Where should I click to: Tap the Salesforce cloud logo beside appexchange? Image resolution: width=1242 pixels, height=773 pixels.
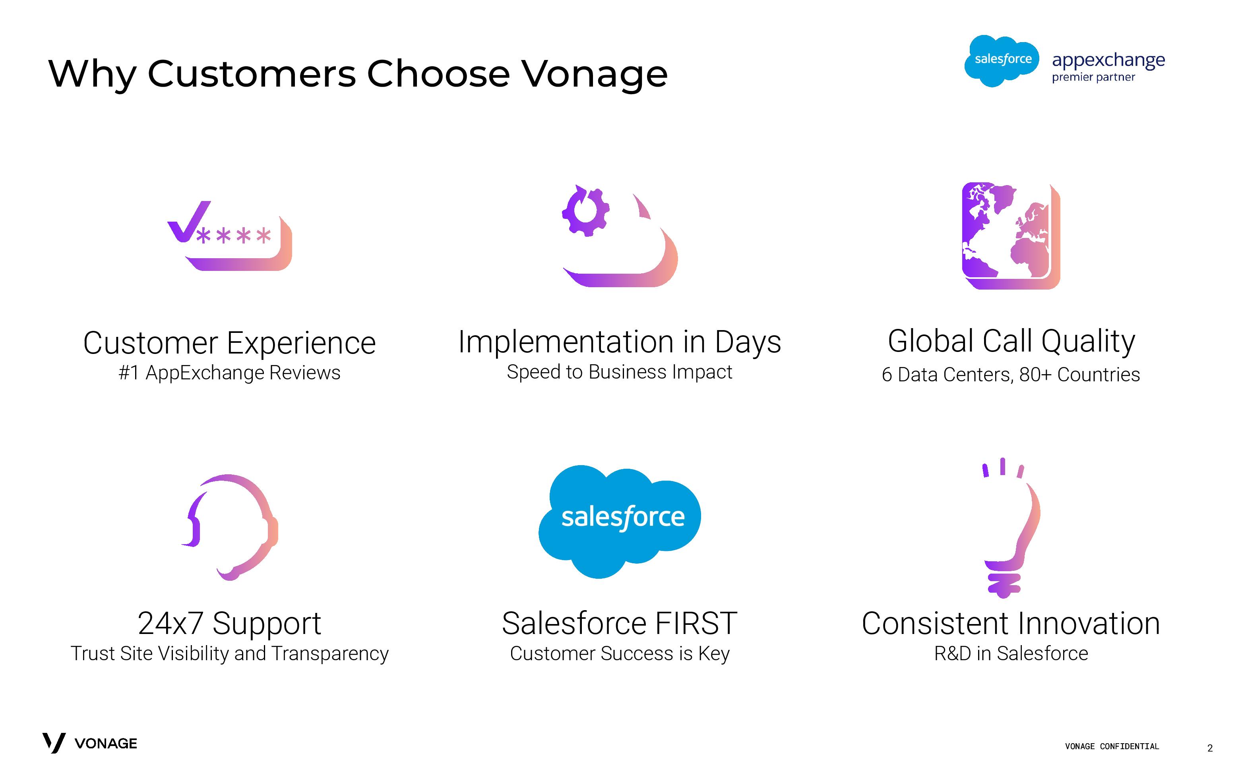click(1002, 61)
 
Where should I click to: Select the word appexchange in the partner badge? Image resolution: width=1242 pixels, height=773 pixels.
click(1108, 61)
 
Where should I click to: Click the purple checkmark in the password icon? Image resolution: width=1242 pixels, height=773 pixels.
click(188, 221)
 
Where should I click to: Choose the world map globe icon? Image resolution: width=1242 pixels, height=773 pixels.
click(1011, 236)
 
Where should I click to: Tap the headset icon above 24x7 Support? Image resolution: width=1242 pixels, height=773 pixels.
click(230, 527)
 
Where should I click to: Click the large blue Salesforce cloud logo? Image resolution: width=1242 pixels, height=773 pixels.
click(620, 521)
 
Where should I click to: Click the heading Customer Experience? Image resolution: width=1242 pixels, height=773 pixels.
click(230, 342)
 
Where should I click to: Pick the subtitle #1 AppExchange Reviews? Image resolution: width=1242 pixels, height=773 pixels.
click(230, 373)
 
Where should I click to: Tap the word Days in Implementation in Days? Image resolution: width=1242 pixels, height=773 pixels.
click(748, 342)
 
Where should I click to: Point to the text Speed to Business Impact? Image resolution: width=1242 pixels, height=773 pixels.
click(620, 372)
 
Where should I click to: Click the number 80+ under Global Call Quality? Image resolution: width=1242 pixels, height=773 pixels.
click(1035, 375)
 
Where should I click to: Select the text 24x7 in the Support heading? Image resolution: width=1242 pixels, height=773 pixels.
click(171, 623)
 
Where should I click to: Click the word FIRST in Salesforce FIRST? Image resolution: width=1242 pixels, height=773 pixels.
click(696, 623)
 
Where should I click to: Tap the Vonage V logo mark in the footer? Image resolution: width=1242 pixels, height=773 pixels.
click(54, 743)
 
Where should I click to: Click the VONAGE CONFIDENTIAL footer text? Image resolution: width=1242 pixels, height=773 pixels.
click(1112, 746)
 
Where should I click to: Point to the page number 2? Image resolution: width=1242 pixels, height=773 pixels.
click(1210, 748)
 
